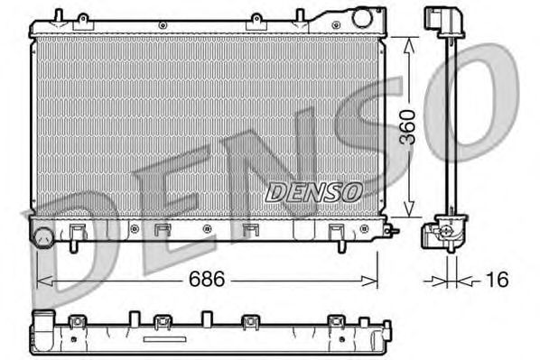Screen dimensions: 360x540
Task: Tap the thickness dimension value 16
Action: pos(496,280)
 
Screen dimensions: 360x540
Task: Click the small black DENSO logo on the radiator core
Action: pos(313,192)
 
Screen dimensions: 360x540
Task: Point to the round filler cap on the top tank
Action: pos(363,17)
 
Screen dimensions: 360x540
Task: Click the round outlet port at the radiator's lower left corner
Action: pos(42,238)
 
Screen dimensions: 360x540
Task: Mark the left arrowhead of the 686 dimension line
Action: pos(40,281)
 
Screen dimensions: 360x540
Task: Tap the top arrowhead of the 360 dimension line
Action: pos(412,42)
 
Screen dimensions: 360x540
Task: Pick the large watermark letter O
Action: pos(488,95)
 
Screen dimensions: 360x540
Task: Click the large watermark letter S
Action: pos(361,135)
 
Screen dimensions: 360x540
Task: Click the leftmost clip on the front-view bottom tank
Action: pos(78,232)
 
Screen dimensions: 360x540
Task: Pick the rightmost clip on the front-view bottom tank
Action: pos(337,232)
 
